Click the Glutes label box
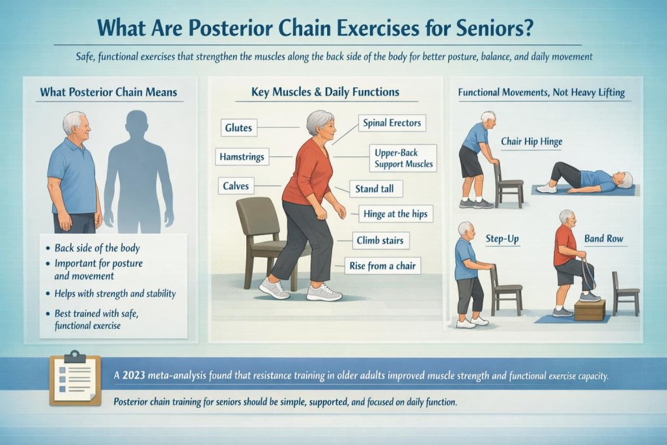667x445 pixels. click(238, 128)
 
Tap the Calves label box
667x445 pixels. click(236, 186)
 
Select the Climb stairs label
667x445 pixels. click(380, 240)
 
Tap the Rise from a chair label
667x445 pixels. click(382, 265)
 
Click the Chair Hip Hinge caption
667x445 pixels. click(532, 141)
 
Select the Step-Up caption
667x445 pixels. click(502, 239)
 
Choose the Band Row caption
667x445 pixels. click(604, 239)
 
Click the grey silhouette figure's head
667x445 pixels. click(137, 122)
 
